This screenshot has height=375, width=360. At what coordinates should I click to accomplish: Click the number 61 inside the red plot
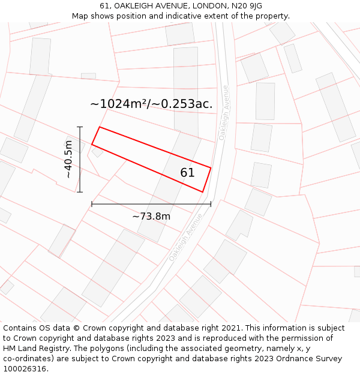tap(187, 173)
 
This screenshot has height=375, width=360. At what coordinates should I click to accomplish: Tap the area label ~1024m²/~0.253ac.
tap(151, 104)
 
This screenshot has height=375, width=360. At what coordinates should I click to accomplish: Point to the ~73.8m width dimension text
tap(151, 216)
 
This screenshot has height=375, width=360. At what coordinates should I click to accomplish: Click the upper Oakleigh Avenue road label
tap(224, 112)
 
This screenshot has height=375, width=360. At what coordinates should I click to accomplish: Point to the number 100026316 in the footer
tap(25, 369)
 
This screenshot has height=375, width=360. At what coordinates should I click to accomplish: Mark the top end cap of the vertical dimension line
tap(79, 127)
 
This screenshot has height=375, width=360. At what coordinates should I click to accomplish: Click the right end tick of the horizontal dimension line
tap(211, 204)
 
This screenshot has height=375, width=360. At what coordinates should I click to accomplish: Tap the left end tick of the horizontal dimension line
tap(92, 204)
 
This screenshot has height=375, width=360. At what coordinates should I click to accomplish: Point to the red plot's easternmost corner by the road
tap(211, 167)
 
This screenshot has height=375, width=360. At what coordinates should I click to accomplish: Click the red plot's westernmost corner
tap(92, 144)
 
